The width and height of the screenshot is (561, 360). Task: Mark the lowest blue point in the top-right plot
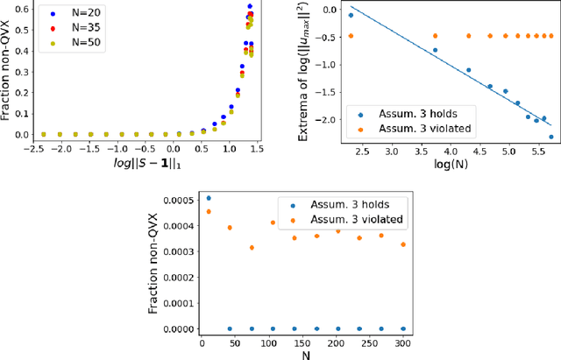[x=551, y=137]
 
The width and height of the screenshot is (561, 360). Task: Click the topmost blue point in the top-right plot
[x=352, y=15]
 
